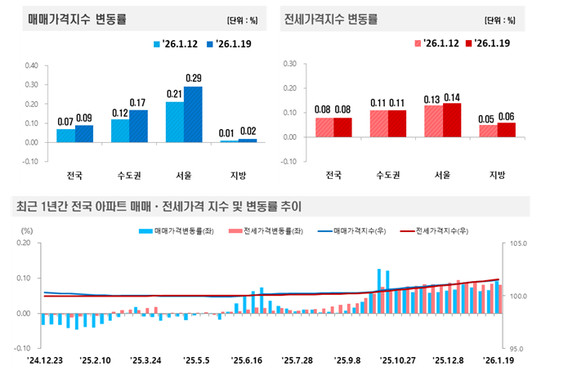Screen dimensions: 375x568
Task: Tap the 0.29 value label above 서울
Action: (x=194, y=78)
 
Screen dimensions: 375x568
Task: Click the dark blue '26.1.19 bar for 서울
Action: (x=193, y=114)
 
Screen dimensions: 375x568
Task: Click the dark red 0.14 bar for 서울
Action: (x=451, y=119)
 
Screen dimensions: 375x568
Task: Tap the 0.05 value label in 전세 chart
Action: (x=487, y=118)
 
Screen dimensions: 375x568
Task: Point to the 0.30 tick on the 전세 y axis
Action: (x=288, y=62)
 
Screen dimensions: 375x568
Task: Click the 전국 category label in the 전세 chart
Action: (x=333, y=175)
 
